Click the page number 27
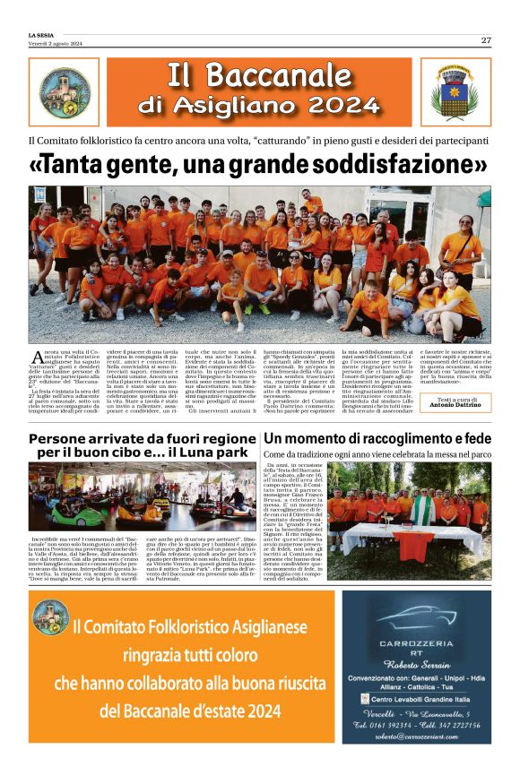pyautogui.click(x=485, y=39)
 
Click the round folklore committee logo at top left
pyautogui.click(x=65, y=91)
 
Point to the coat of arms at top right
pyautogui.click(x=455, y=91)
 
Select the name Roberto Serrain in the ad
pyautogui.click(x=416, y=666)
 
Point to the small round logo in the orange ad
pyautogui.click(x=50, y=618)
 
